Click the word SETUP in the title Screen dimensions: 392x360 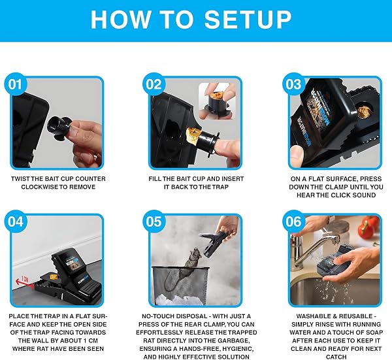[248, 20]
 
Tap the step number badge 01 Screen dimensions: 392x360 [16, 84]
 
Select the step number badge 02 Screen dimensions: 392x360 [154, 84]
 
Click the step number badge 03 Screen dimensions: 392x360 [293, 84]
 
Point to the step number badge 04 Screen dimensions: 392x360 [16, 221]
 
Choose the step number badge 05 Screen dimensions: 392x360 [154, 221]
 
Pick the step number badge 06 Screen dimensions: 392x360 [293, 221]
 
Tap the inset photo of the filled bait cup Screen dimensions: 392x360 [216, 101]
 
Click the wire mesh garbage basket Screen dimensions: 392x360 [180, 285]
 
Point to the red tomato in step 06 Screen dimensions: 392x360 [368, 227]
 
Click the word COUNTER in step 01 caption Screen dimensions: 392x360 [91, 179]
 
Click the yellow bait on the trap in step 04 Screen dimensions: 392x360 [54, 276]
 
